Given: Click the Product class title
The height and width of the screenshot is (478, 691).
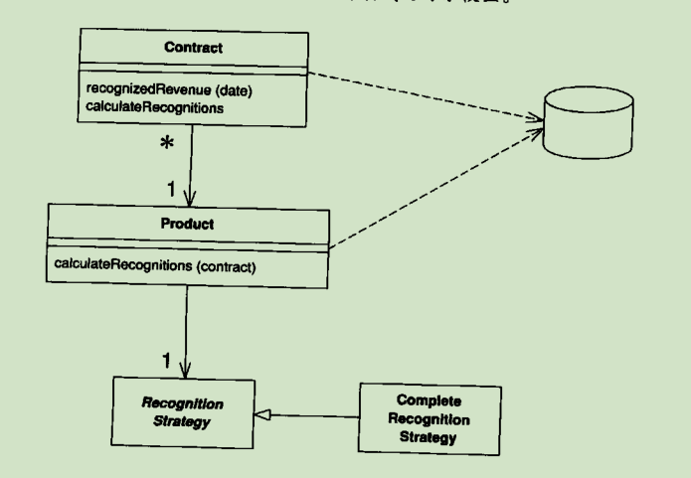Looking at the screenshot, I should [x=185, y=224].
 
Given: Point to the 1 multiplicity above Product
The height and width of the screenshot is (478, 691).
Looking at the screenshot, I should [x=172, y=186].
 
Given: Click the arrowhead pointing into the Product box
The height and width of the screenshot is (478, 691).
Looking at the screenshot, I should [x=186, y=198].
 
